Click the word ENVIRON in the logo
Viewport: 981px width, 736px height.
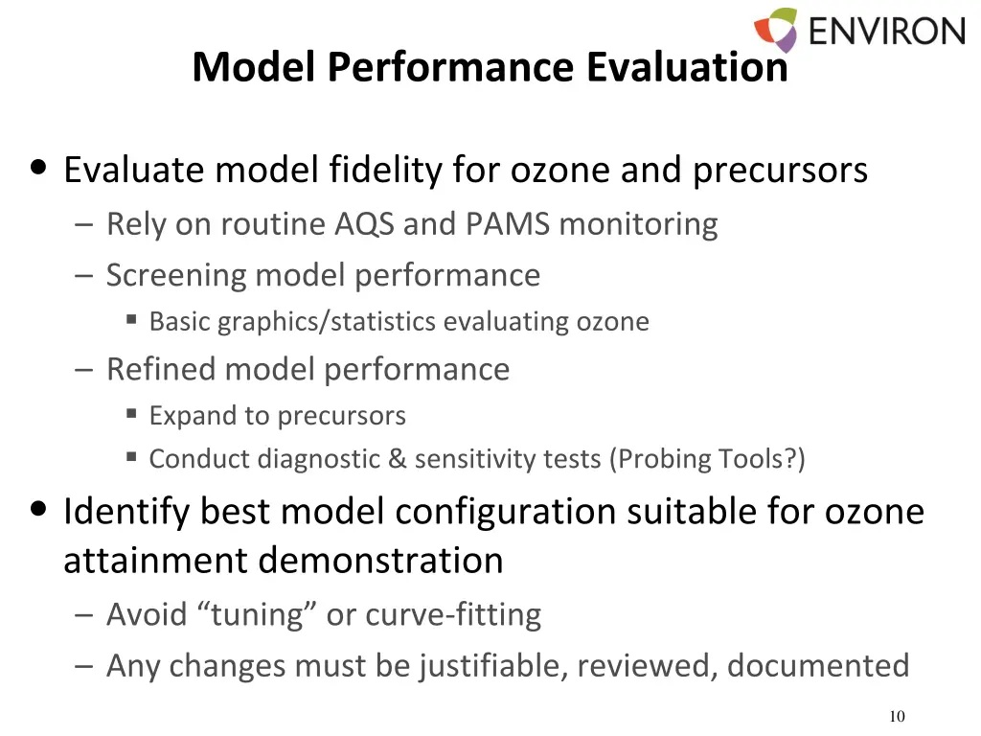click(886, 31)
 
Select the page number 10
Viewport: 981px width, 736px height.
click(897, 717)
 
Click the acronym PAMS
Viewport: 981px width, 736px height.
click(508, 224)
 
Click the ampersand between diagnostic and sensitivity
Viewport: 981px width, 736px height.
click(398, 459)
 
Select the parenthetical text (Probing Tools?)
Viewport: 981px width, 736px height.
click(707, 459)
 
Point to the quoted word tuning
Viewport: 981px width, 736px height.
click(259, 614)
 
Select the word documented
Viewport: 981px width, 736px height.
click(818, 665)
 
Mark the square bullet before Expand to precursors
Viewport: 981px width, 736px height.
click(131, 414)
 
